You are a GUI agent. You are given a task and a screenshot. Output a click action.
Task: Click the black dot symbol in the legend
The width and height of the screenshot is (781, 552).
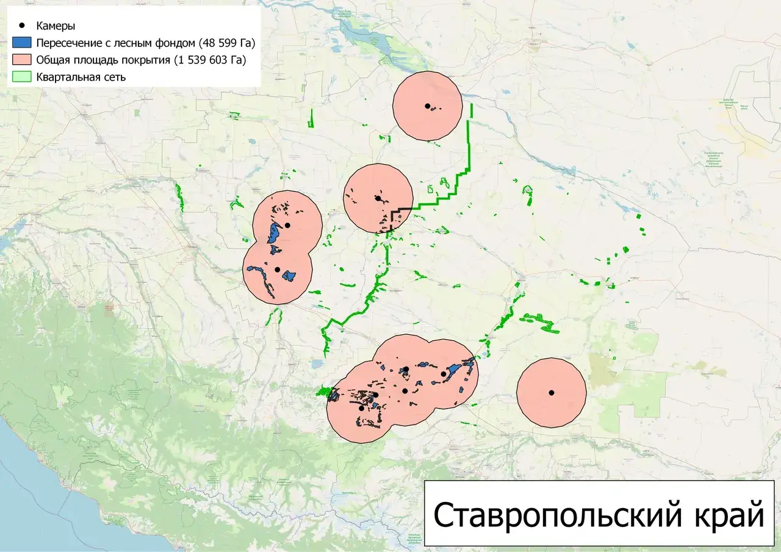tap(23, 26)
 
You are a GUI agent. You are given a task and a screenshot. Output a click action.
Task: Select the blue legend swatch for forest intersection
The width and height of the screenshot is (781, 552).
tap(23, 43)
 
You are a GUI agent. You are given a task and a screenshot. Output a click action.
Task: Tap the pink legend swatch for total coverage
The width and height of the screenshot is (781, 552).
tap(23, 60)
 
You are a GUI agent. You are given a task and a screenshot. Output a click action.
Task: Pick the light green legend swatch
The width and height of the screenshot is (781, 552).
tap(23, 77)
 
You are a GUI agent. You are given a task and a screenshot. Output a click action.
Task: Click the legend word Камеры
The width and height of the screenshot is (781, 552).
tap(56, 26)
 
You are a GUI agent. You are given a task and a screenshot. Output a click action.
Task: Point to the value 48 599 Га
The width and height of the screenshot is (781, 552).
tap(220, 43)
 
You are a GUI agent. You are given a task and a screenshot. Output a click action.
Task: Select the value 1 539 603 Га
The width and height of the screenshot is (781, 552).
tap(210, 60)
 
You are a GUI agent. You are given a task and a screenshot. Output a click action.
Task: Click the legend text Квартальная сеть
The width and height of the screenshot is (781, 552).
tap(81, 77)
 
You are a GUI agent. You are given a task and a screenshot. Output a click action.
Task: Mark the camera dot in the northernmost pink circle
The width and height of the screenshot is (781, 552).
tap(428, 106)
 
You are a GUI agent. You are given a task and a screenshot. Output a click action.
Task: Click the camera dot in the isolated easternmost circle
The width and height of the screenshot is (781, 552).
tap(551, 393)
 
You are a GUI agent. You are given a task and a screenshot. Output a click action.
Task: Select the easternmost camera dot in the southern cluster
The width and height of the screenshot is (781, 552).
tap(443, 374)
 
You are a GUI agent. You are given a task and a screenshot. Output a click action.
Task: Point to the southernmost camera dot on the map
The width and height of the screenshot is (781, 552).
tap(361, 408)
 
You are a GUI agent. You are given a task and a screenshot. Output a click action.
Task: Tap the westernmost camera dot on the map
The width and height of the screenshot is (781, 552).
tap(277, 270)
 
